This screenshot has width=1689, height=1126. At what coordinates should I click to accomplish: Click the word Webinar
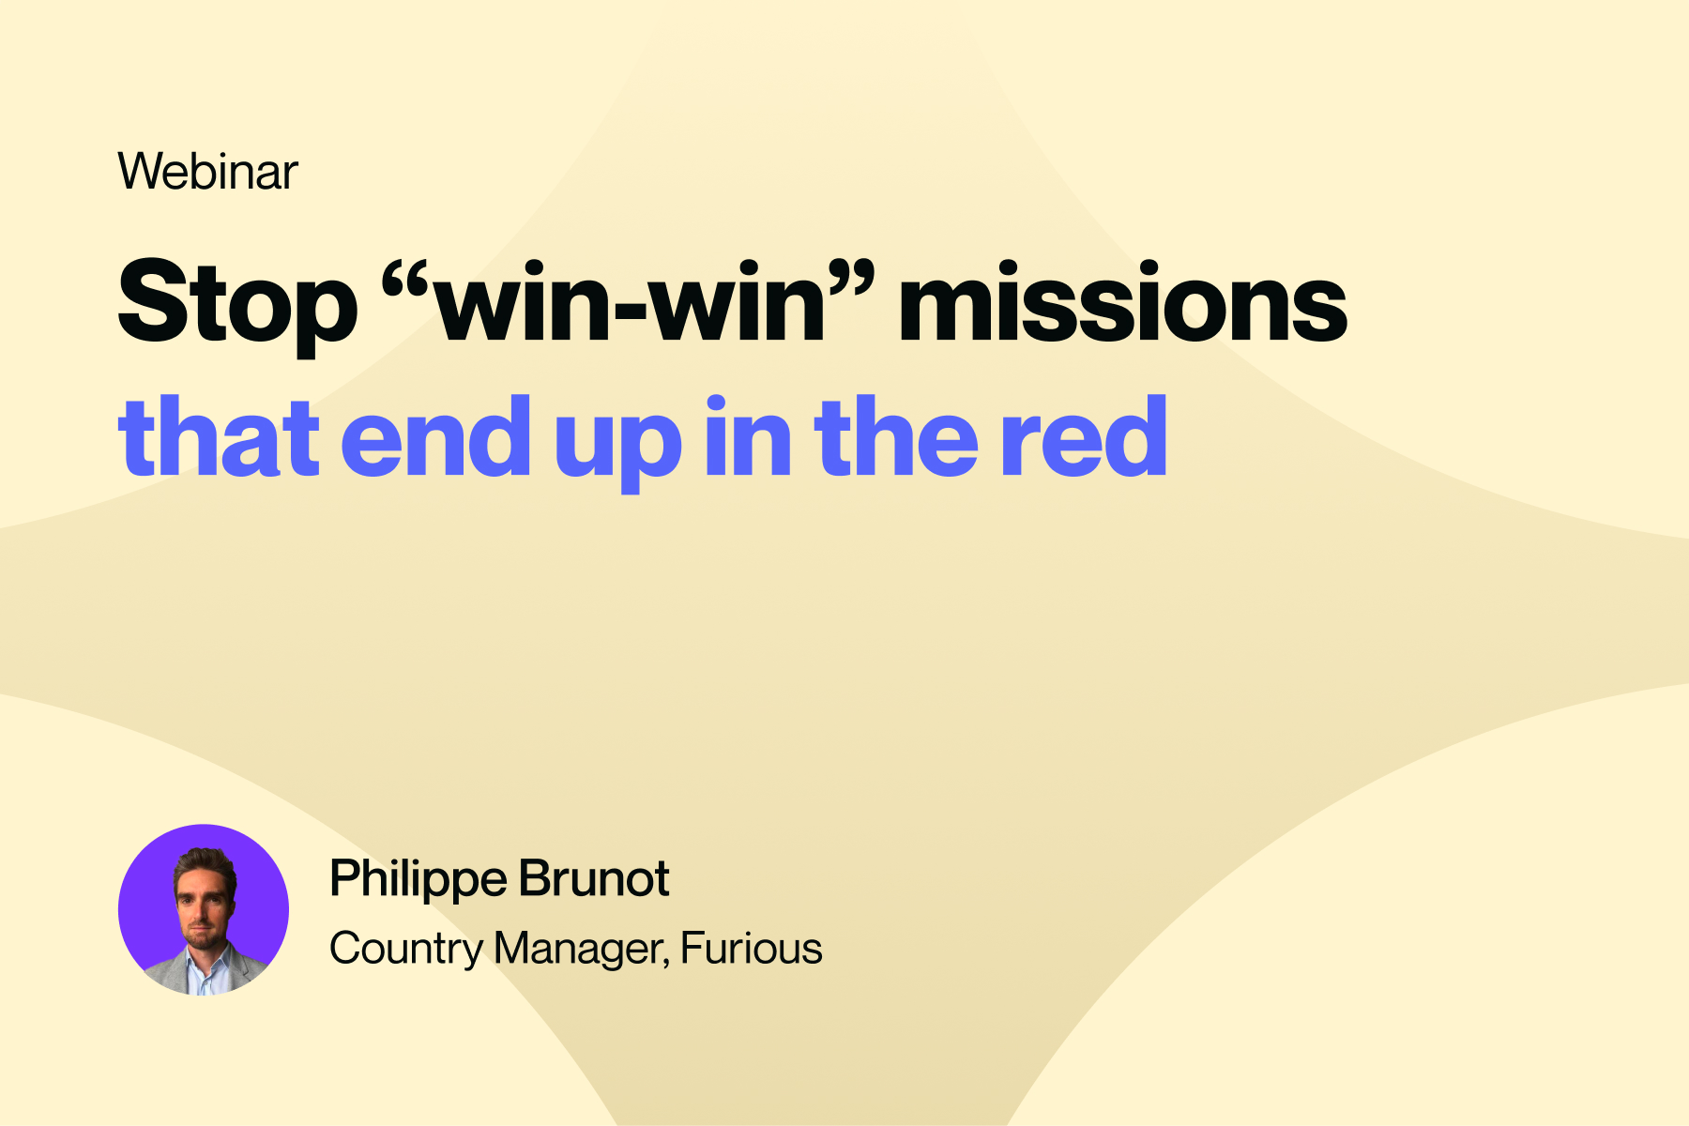207,171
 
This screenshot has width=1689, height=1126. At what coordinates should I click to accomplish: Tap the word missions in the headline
1122,299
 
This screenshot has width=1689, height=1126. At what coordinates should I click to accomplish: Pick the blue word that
218,434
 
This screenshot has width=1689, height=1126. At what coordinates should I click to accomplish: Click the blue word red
1084,434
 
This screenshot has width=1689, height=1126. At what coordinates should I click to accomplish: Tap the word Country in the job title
405,950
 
